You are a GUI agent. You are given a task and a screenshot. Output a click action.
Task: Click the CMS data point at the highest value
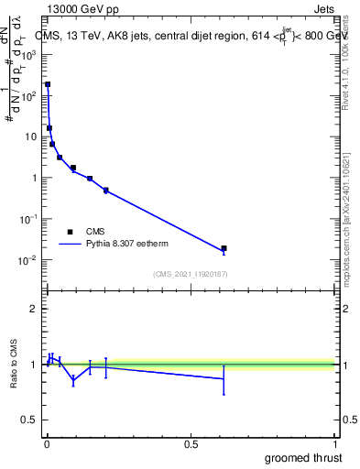tap(48, 84)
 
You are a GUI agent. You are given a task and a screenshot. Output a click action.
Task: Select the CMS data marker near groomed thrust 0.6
tap(224, 248)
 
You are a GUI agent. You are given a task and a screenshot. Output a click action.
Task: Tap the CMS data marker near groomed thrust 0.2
tap(106, 191)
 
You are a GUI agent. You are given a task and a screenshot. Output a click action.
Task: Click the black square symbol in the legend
tap(70, 232)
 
